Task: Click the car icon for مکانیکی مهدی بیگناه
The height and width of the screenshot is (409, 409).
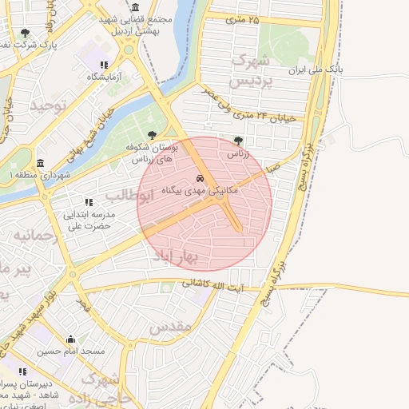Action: point(199,178)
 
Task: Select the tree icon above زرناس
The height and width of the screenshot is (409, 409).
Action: point(238,140)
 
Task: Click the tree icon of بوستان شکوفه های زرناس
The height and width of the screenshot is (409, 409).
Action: point(152,135)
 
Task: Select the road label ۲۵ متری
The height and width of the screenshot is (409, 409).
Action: point(244,18)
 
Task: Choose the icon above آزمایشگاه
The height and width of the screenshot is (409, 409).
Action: point(103,65)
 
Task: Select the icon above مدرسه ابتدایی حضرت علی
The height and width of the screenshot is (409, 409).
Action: point(89,202)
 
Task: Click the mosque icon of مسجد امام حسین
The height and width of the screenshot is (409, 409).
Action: point(71,340)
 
